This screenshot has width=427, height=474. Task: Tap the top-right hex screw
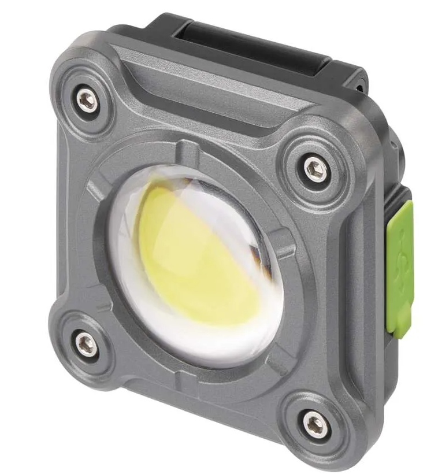tap(316, 169)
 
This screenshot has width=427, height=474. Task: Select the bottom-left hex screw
tap(86, 344)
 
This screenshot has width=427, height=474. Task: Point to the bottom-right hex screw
tap(315, 425)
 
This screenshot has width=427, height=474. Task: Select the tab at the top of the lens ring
tap(186, 151)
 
